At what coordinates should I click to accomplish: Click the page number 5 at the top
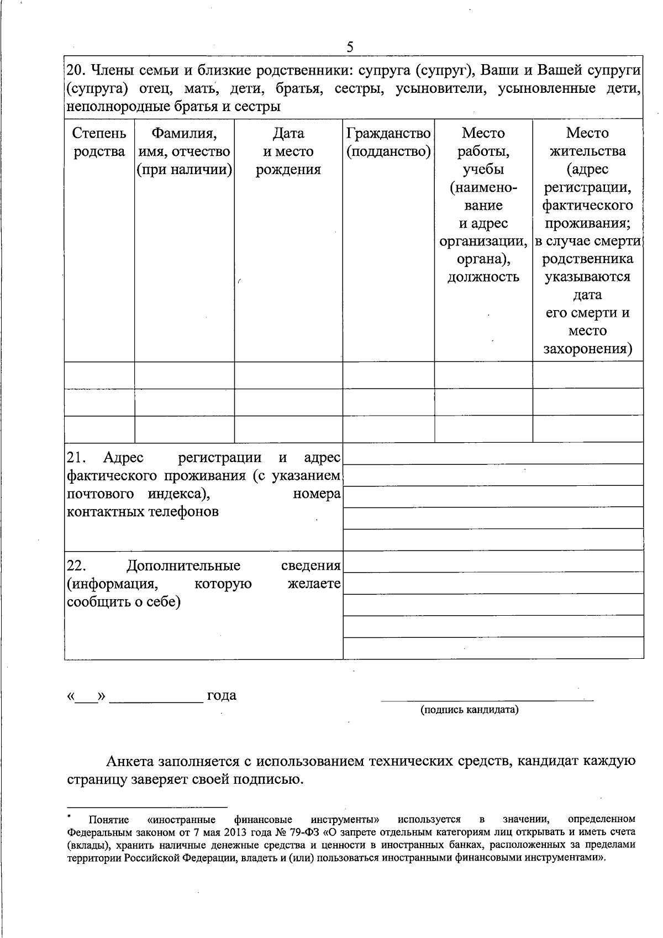350,47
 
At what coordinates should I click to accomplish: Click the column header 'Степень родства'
99,142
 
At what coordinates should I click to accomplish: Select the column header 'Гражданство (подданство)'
388,142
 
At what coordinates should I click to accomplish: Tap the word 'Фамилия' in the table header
184,133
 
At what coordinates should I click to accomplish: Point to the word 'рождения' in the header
288,169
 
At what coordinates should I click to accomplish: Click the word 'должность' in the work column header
483,276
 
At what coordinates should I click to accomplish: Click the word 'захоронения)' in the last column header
587,349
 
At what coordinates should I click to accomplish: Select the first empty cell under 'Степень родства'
99,375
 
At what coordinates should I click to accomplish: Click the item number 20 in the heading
75,71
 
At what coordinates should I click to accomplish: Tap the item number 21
75,458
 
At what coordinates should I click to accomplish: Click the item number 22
75,565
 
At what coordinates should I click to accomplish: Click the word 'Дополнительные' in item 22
183,565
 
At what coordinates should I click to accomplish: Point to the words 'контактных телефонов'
143,511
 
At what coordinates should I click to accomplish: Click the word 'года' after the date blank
222,695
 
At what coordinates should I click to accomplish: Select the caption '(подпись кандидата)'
470,710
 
